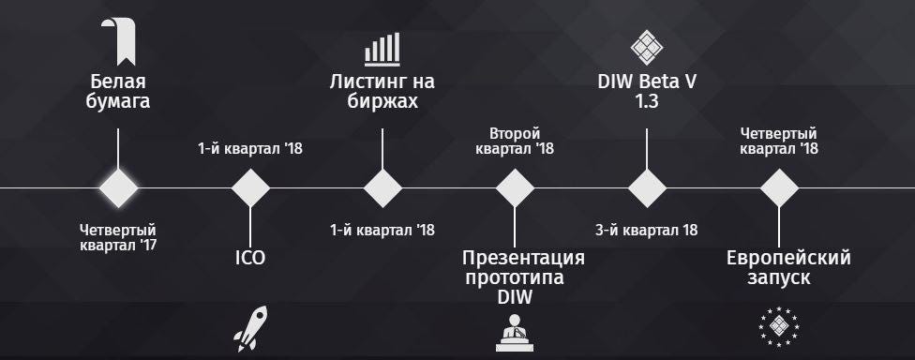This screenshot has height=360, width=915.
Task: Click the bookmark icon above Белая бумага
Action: [x=118, y=41]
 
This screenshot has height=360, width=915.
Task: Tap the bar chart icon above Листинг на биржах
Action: [x=382, y=49]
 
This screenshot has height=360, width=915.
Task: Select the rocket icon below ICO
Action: [x=250, y=328]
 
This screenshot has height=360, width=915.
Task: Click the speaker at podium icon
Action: [x=514, y=333]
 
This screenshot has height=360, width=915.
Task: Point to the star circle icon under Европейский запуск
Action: [x=778, y=327]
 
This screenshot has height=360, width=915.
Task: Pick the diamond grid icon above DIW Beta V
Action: [x=647, y=47]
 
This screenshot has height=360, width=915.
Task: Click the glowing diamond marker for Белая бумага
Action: [x=118, y=187]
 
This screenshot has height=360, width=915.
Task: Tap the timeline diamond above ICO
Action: [x=250, y=187]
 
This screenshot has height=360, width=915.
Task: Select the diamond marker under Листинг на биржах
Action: [x=382, y=187]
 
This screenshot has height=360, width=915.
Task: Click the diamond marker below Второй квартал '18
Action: [x=515, y=187]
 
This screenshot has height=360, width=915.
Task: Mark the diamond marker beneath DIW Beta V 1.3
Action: [x=647, y=187]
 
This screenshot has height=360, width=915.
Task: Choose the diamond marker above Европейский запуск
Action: [x=779, y=187]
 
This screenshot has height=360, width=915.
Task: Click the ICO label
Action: [x=250, y=258]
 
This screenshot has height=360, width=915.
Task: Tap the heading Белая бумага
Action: [x=118, y=92]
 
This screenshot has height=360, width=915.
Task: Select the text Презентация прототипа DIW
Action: [x=515, y=277]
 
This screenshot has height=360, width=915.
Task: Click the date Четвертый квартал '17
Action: [x=118, y=237]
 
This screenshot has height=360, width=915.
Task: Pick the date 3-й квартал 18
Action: [x=647, y=230]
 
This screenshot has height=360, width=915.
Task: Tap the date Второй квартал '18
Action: [x=515, y=142]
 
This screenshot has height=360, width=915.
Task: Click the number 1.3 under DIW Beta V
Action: [x=647, y=101]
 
